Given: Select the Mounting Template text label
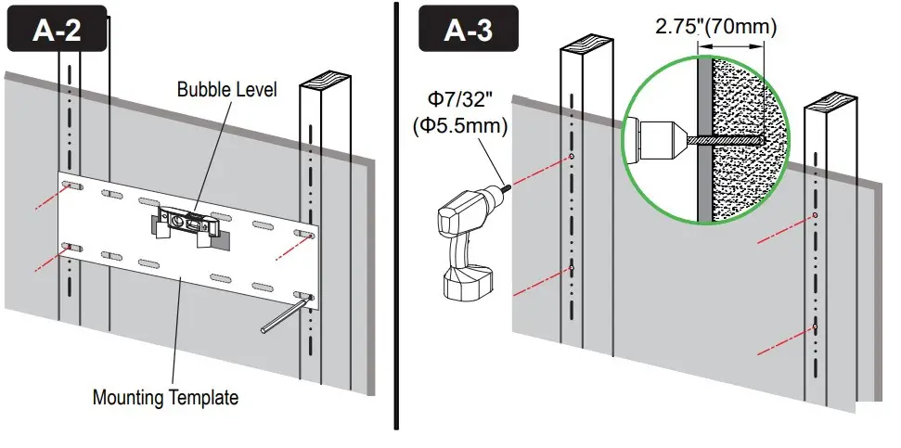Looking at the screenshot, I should tap(165, 397).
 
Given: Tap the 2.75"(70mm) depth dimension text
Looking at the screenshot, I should tap(716, 27).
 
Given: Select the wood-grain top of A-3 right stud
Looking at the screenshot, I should tap(830, 100).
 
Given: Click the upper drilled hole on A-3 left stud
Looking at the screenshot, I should tap(573, 156).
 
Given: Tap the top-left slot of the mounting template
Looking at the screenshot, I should tap(70, 187).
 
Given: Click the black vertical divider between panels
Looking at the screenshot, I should tap(397, 223).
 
